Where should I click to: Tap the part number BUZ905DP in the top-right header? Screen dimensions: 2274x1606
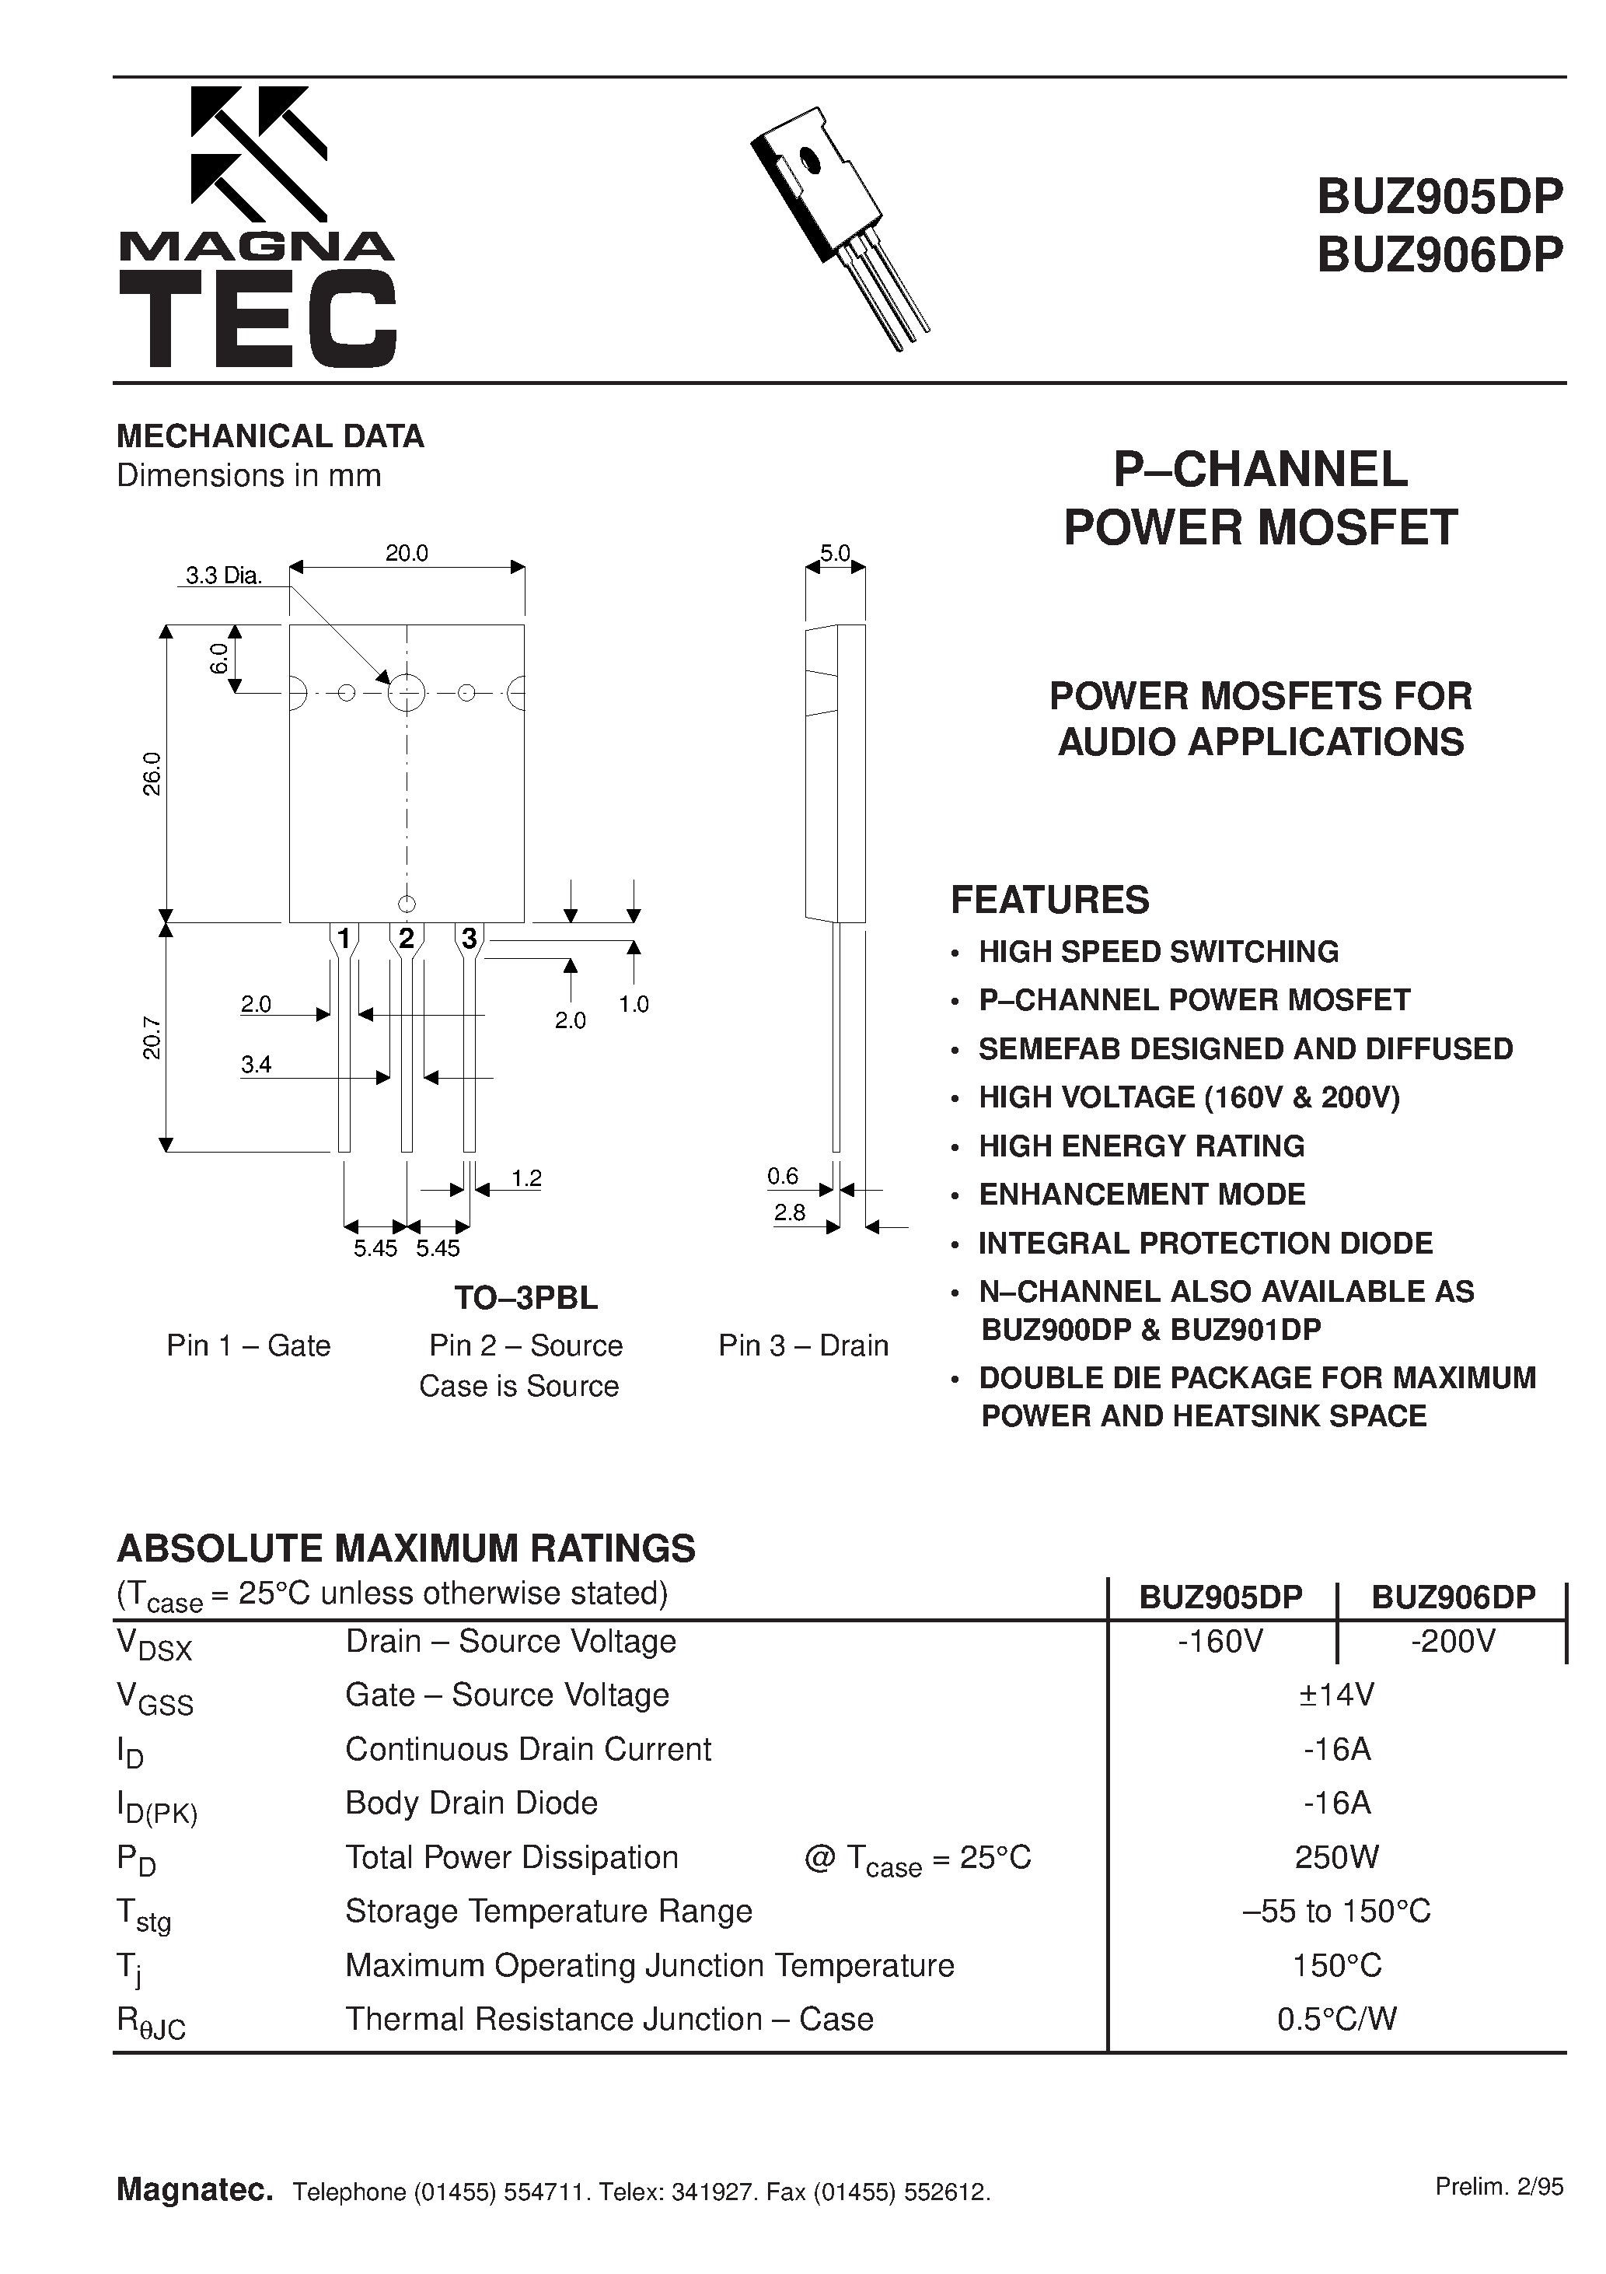[x=1439, y=196]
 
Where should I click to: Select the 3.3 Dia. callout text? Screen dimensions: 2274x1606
[x=224, y=575]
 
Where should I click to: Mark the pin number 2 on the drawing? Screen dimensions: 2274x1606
[x=406, y=937]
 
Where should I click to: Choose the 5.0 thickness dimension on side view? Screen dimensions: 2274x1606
[x=835, y=554]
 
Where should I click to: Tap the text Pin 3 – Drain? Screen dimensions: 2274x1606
[x=803, y=1345]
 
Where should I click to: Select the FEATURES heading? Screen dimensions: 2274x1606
[x=1049, y=899]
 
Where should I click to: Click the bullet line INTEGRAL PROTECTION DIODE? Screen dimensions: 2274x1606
[x=1205, y=1243]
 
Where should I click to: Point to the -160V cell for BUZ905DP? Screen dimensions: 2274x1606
[x=1221, y=1641]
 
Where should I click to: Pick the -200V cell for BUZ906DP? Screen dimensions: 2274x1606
[x=1453, y=1641]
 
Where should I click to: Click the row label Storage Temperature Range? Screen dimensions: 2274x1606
[x=549, y=1911]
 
